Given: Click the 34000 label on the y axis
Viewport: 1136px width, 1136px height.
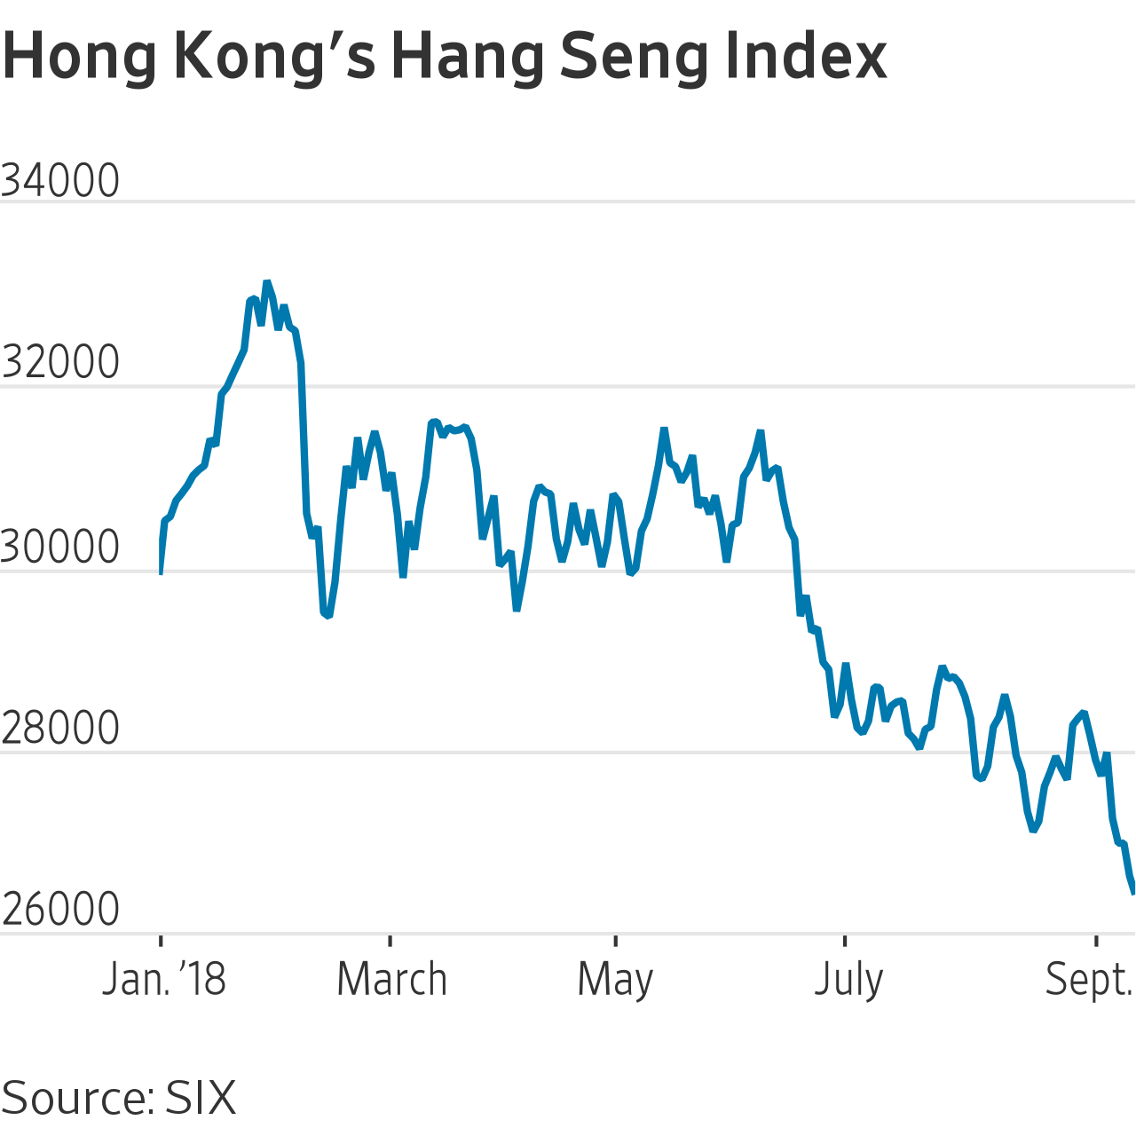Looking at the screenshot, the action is [x=60, y=180].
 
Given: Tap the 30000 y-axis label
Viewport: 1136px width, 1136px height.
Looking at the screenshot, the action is [x=60, y=547].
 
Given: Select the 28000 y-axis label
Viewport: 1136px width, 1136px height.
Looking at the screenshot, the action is [x=60, y=728].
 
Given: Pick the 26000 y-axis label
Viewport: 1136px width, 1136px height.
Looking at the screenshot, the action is [x=60, y=909].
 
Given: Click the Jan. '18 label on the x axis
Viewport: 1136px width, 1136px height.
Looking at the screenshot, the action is [x=164, y=979].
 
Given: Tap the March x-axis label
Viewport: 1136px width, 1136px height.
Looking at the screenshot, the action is [x=391, y=979].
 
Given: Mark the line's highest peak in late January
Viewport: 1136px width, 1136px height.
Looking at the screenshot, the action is [x=267, y=282].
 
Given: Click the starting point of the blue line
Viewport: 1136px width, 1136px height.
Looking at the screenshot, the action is [x=161, y=573].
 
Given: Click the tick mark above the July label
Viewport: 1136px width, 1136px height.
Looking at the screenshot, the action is [x=845, y=940].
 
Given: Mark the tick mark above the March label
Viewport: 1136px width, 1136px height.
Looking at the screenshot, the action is [x=390, y=940].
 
